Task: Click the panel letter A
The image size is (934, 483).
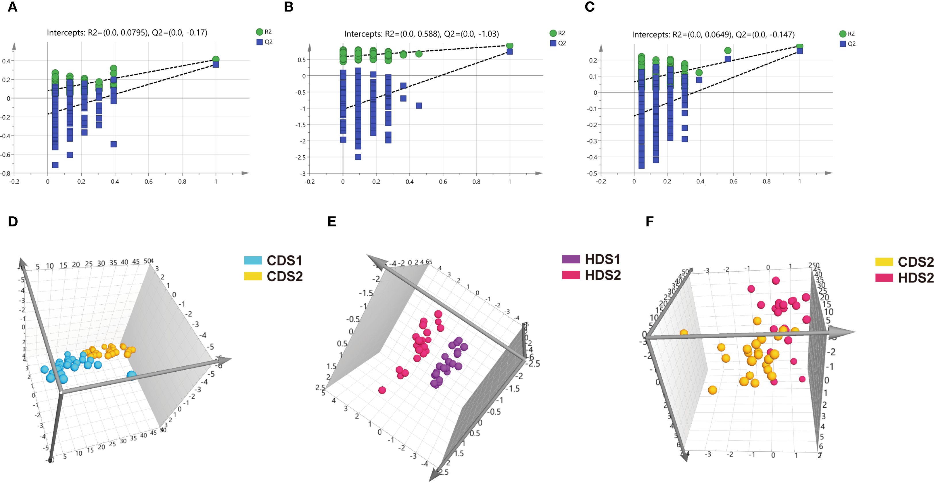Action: coord(12,7)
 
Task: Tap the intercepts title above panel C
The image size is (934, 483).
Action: coord(713,35)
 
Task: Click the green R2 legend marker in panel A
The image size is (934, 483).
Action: coord(259,32)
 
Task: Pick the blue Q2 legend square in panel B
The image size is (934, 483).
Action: coord(553,43)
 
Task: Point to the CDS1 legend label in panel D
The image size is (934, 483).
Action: coord(284,261)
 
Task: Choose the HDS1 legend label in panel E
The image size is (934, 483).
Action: coord(603,259)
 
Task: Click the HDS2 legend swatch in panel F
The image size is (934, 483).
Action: coord(884,278)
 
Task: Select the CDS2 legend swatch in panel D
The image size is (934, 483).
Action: coord(253,276)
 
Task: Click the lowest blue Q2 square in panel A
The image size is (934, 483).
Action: coord(55,165)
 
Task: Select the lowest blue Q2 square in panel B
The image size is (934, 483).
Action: coord(358,157)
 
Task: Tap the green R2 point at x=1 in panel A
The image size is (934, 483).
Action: coord(216,59)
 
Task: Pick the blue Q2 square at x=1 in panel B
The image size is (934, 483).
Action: coord(509,51)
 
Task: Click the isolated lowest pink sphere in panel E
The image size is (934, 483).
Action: coord(382,390)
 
